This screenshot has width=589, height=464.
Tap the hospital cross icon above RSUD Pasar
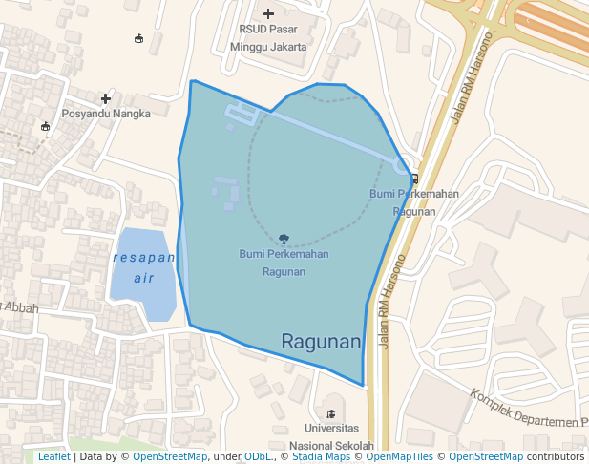click(268, 13)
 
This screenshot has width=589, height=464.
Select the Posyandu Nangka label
click(106, 114)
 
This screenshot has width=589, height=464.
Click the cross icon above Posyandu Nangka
click(105, 98)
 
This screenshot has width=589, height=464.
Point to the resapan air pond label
click(143, 268)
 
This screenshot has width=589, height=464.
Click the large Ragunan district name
click(321, 342)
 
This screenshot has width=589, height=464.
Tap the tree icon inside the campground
click(284, 239)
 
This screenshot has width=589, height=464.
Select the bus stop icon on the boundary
click(413, 178)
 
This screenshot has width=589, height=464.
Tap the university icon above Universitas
click(331, 413)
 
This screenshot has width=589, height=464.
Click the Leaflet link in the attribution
click(53, 456)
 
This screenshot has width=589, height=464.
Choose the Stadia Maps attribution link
click(321, 456)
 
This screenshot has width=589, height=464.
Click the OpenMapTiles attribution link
click(394, 456)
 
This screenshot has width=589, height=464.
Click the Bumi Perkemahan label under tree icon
click(284, 263)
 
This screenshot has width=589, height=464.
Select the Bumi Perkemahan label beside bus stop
click(413, 202)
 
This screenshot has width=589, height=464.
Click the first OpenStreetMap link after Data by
click(169, 456)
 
